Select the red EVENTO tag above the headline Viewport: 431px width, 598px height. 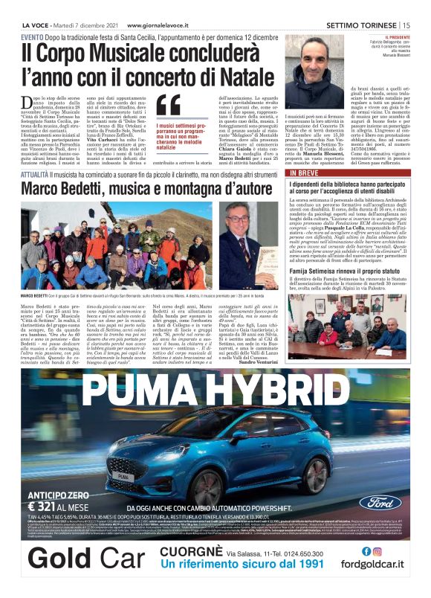coord(31,37)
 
